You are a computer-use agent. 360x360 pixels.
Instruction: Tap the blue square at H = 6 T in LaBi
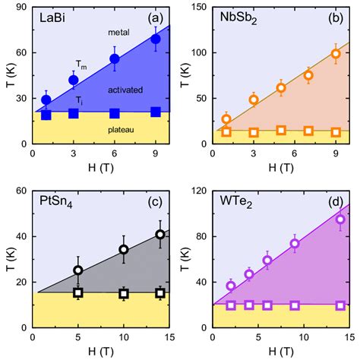pyautogui.click(x=115, y=113)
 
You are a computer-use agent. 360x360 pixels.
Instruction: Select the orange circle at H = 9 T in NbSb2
pyautogui.click(x=336, y=54)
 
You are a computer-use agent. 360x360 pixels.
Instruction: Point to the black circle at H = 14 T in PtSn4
pyautogui.click(x=159, y=235)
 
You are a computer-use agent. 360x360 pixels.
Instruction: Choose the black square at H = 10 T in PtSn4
pyautogui.click(x=124, y=293)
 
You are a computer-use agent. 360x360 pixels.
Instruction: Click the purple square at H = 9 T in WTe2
pyautogui.click(x=295, y=305)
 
